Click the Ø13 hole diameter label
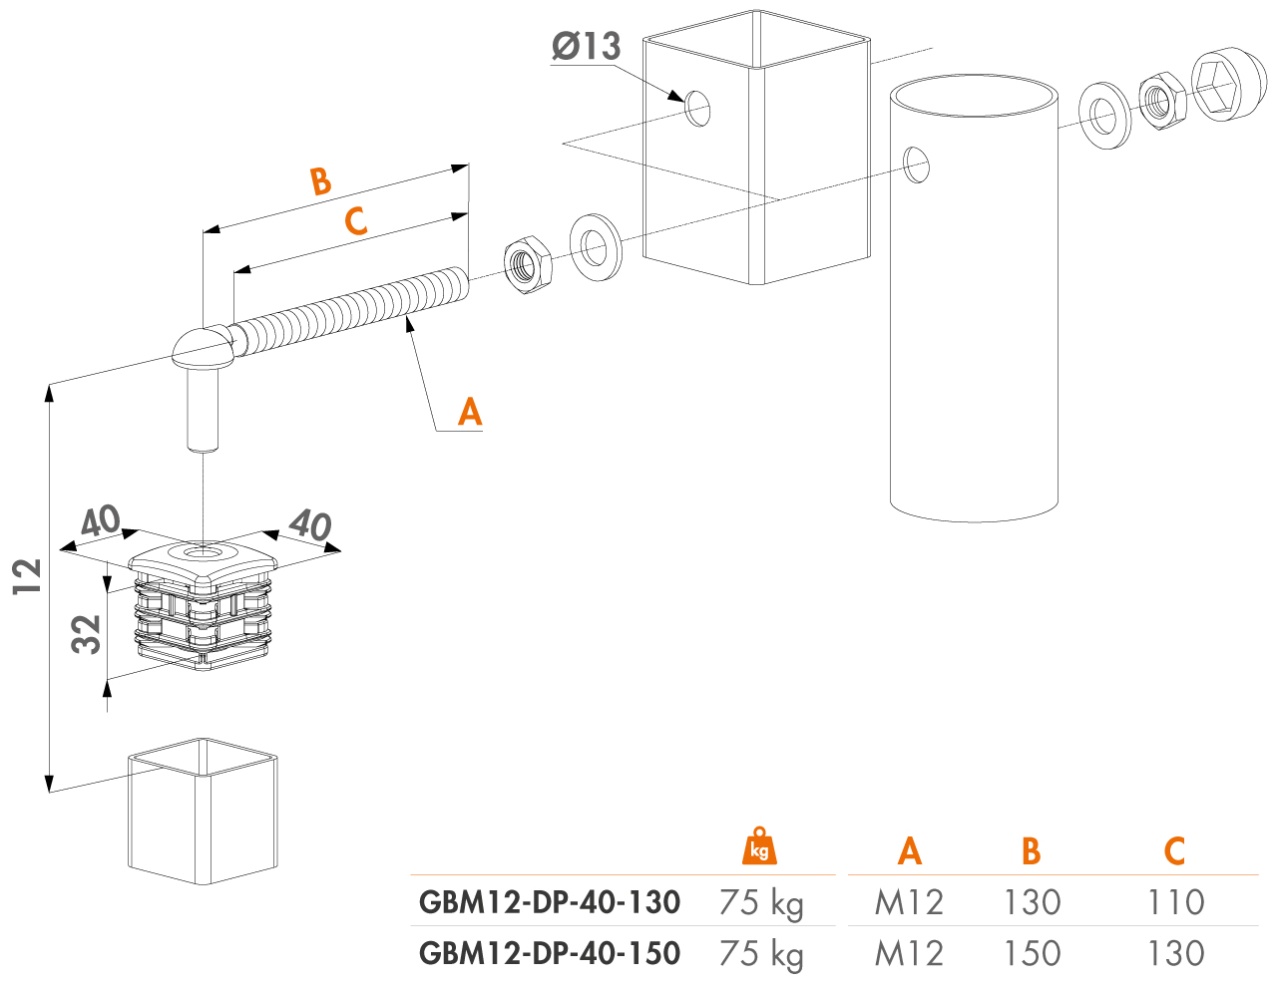click(586, 46)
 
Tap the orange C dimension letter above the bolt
click(355, 220)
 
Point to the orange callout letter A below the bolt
click(470, 412)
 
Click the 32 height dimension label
click(87, 634)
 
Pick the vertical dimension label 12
click(27, 577)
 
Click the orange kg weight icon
click(759, 846)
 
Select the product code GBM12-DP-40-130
click(550, 902)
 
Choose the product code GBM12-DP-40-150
click(550, 953)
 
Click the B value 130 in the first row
click(1032, 902)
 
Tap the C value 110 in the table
click(1176, 902)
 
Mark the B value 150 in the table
click(1032, 953)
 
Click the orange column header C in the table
click(1175, 851)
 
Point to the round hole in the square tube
click(697, 109)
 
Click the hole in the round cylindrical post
click(916, 165)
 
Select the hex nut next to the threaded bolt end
click(528, 265)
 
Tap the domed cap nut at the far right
click(1228, 85)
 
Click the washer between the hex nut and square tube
click(596, 247)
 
